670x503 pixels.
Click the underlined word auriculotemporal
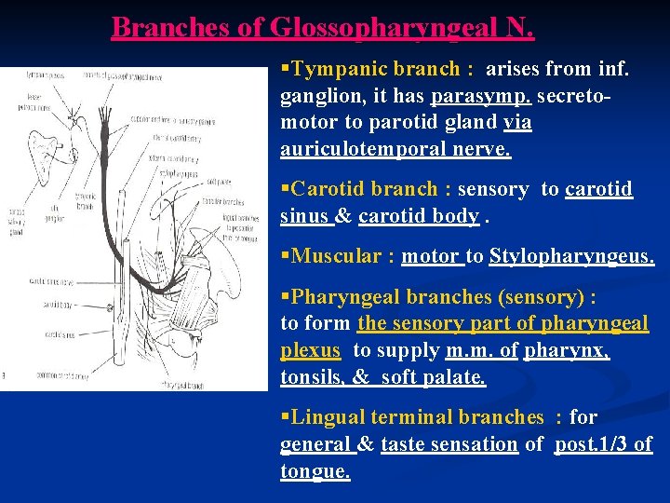(355, 149)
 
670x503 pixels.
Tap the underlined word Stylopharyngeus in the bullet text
(570, 256)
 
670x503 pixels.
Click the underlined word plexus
(312, 350)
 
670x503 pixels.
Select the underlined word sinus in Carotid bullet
(304, 216)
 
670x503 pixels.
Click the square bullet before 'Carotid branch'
(285, 189)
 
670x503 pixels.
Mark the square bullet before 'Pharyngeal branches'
(285, 297)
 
